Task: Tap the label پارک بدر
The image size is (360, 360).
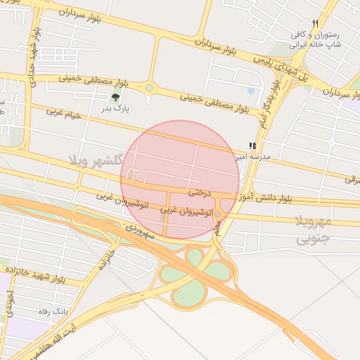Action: (117, 108)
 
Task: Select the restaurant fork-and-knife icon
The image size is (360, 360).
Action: (315, 23)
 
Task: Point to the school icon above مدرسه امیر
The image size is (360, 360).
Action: (252, 146)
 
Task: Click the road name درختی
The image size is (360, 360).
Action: (200, 191)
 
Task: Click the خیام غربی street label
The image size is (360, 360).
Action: (65, 112)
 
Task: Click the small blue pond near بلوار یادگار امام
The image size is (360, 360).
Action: (251, 91)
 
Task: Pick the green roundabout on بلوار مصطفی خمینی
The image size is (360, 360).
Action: (149, 88)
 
